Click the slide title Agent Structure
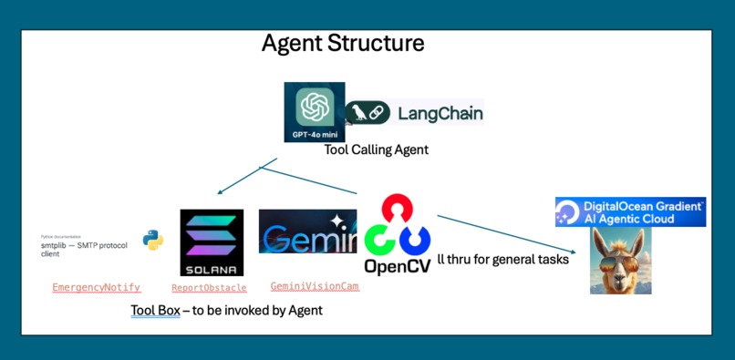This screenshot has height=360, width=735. coord(342,43)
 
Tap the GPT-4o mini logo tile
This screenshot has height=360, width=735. coord(314,112)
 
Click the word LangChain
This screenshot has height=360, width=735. coord(440,114)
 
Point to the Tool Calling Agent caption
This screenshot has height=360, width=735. coord(376,149)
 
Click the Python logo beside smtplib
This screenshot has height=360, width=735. coord(152,240)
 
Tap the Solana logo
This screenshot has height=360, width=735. coord(212,242)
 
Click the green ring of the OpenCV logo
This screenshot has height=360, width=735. coord(379,241)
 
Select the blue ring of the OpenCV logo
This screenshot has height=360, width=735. coord(415,241)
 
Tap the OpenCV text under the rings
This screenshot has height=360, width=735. coord(397,266)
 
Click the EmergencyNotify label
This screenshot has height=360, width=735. coord(97,287)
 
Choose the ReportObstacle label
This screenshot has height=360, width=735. coord(209,288)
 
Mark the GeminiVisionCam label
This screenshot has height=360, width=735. coord(315,286)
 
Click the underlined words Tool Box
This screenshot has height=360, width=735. coord(155,311)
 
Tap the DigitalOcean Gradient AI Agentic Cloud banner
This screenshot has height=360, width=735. coord(630,212)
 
